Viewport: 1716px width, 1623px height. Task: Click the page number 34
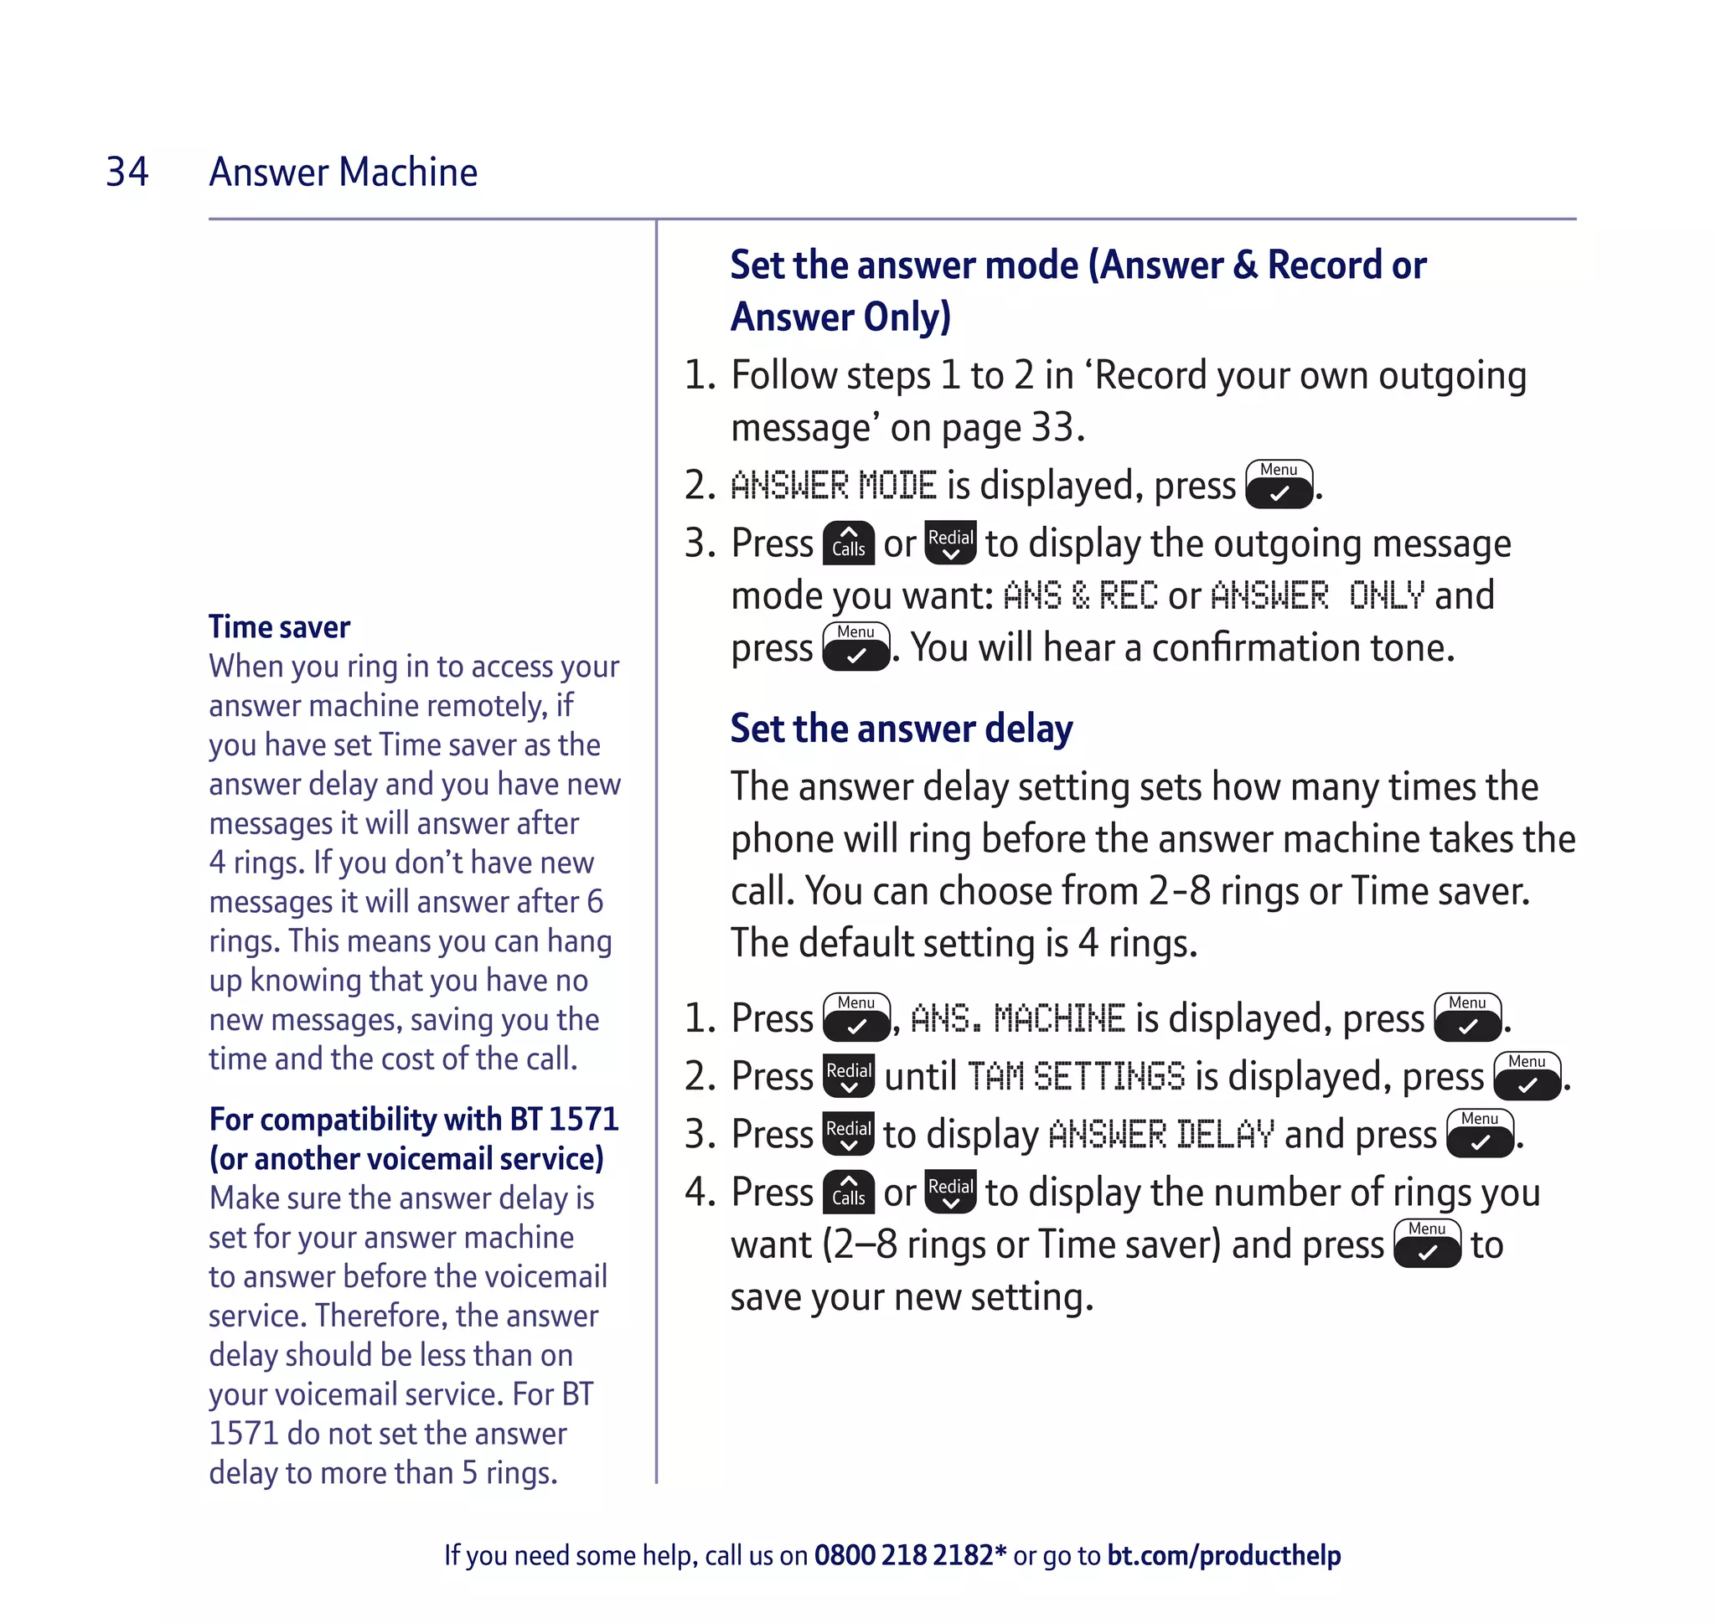tap(127, 172)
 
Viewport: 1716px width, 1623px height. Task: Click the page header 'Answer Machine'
tap(343, 172)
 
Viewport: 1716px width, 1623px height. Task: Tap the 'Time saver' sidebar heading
tap(279, 626)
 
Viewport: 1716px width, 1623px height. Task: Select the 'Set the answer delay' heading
tap(900, 729)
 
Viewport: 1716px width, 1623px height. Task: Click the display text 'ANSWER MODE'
tap(833, 486)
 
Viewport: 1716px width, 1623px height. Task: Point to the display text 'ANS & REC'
tap(1079, 596)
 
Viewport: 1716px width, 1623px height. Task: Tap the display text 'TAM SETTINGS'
tap(1075, 1077)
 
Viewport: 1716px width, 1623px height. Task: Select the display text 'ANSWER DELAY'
tap(1160, 1134)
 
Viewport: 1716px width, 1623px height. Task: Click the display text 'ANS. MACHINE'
tap(1017, 1018)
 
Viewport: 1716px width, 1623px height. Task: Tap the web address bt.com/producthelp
tap(1222, 1554)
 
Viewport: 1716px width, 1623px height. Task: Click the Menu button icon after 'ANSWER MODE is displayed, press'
tap(1278, 485)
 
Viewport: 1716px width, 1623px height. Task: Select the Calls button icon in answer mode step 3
tap(848, 543)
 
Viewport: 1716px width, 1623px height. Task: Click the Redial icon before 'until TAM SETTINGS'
tap(848, 1076)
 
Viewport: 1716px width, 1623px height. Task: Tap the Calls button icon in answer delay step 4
tap(848, 1192)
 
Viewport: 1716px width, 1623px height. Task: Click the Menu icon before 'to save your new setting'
tap(1426, 1243)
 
